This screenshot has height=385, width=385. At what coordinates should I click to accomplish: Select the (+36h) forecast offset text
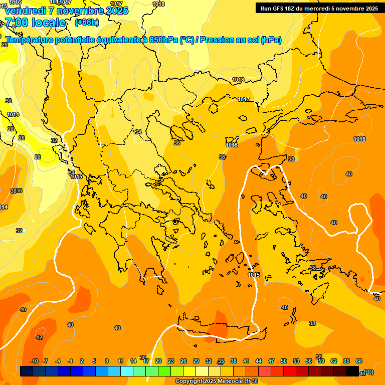click(87, 23)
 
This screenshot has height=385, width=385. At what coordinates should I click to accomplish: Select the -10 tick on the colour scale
click(34, 361)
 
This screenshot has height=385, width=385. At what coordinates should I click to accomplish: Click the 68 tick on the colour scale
click(359, 361)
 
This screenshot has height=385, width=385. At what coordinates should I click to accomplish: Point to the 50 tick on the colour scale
click(284, 361)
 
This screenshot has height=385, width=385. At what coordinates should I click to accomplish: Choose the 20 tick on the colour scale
click(158, 361)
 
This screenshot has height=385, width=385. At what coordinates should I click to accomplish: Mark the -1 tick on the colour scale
click(70, 361)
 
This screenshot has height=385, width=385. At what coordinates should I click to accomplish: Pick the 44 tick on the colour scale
click(259, 361)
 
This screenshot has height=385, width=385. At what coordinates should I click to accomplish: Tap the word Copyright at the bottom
click(190, 381)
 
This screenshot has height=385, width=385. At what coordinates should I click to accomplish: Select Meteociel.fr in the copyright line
click(233, 381)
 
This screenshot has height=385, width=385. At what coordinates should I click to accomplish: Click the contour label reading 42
click(39, 337)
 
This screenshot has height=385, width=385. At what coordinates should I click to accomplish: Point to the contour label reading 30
click(9, 101)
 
